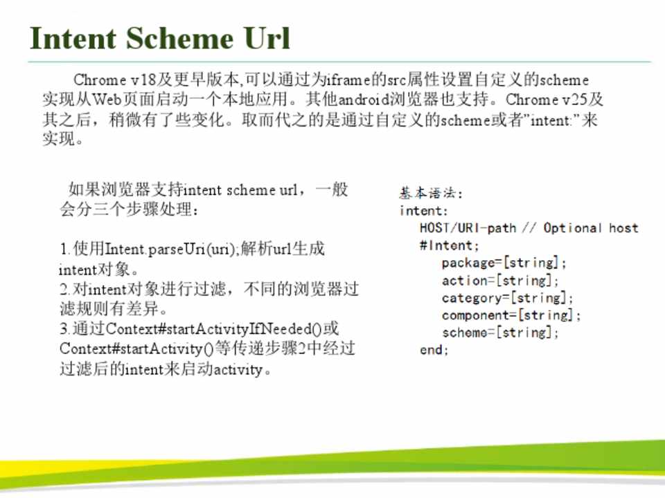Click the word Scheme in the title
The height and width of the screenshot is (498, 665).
tap(179, 39)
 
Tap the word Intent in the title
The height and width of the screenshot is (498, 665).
tap(73, 39)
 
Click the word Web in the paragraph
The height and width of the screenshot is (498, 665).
tap(107, 100)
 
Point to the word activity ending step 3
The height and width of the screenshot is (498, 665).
tap(238, 370)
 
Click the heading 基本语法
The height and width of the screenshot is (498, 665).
tap(428, 193)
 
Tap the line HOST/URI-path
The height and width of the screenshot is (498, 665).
tap(468, 228)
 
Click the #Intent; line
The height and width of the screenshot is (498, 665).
tap(449, 246)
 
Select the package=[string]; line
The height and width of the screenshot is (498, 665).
tap(504, 263)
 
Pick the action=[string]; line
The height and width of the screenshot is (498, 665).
tap(500, 280)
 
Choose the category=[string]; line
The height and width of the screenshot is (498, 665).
tap(507, 298)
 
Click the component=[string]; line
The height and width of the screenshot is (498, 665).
tap(511, 315)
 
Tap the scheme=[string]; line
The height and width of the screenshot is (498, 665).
tap(500, 333)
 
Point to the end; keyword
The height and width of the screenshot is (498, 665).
tap(434, 350)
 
